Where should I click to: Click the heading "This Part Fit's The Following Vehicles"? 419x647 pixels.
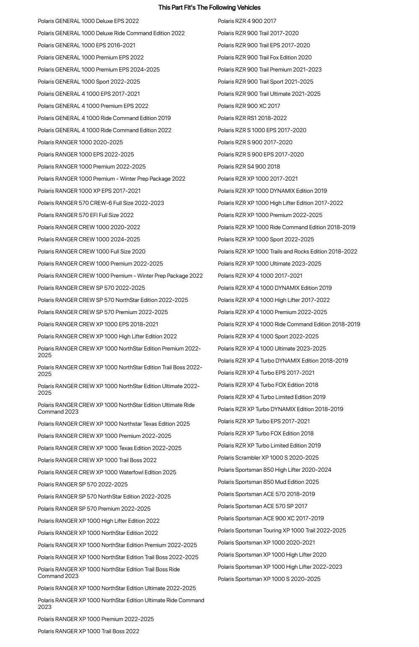(x=209, y=8)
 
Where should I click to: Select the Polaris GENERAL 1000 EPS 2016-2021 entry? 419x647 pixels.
(x=86, y=45)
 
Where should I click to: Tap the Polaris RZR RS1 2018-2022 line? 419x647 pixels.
(x=252, y=118)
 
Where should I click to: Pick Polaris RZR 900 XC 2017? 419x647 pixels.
(x=249, y=106)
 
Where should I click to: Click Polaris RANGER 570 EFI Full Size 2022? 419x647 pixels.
(x=85, y=215)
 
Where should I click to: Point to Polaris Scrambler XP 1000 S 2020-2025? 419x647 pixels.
(x=268, y=458)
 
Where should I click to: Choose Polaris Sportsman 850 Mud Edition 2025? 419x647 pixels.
(x=268, y=482)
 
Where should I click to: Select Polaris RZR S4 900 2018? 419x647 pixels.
(x=249, y=166)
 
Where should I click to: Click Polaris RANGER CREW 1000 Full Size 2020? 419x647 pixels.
(x=91, y=251)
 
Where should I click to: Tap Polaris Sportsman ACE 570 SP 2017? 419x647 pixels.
(x=262, y=506)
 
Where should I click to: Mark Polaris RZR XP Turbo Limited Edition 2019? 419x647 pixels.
(x=269, y=445)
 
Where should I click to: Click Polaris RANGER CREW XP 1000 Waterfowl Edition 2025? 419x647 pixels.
(x=107, y=472)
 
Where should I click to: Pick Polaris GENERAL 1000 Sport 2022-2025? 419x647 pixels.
(x=89, y=82)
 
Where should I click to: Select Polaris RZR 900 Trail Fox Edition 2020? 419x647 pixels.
(x=265, y=57)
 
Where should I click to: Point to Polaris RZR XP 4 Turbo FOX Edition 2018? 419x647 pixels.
(x=268, y=385)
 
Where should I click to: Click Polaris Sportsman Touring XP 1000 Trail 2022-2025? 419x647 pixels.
(x=282, y=530)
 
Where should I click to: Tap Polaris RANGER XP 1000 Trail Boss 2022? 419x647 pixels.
(x=88, y=631)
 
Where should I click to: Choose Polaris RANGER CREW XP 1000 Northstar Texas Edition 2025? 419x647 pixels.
(x=113, y=424)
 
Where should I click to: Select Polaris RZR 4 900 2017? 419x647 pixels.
(x=247, y=21)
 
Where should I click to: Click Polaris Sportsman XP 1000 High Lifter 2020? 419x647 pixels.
(x=272, y=555)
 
